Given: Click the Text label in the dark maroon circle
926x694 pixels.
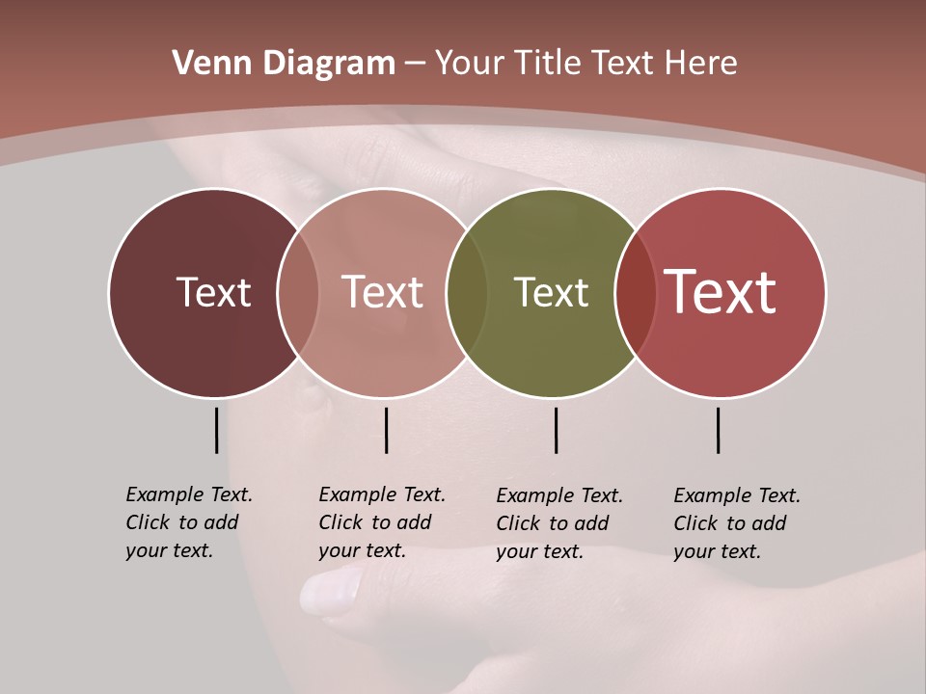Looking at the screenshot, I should tap(213, 292).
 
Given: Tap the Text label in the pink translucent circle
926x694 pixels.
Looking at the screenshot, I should tap(382, 292).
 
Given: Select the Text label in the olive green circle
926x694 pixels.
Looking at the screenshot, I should tap(551, 292).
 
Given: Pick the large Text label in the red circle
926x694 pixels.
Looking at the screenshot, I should tap(721, 292).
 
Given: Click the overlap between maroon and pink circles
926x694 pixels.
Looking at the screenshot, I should tap(298, 292).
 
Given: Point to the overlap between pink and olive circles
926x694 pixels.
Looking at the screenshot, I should tap(467, 292).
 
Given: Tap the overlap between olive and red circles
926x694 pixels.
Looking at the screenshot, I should tap(636, 292).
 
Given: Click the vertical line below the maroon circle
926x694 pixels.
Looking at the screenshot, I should tap(216, 430).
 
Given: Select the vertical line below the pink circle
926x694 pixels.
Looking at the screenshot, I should tap(386, 430).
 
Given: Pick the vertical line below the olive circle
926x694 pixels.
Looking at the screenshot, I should tap(556, 430).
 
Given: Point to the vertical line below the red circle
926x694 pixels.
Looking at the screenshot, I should tap(719, 430).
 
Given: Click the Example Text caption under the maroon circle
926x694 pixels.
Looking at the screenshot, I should tap(188, 522).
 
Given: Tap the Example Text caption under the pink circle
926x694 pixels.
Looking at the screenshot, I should tap(381, 522).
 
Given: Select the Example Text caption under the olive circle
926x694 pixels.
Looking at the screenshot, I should tap(558, 523).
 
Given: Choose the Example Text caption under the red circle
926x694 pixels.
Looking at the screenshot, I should tap(736, 523).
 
